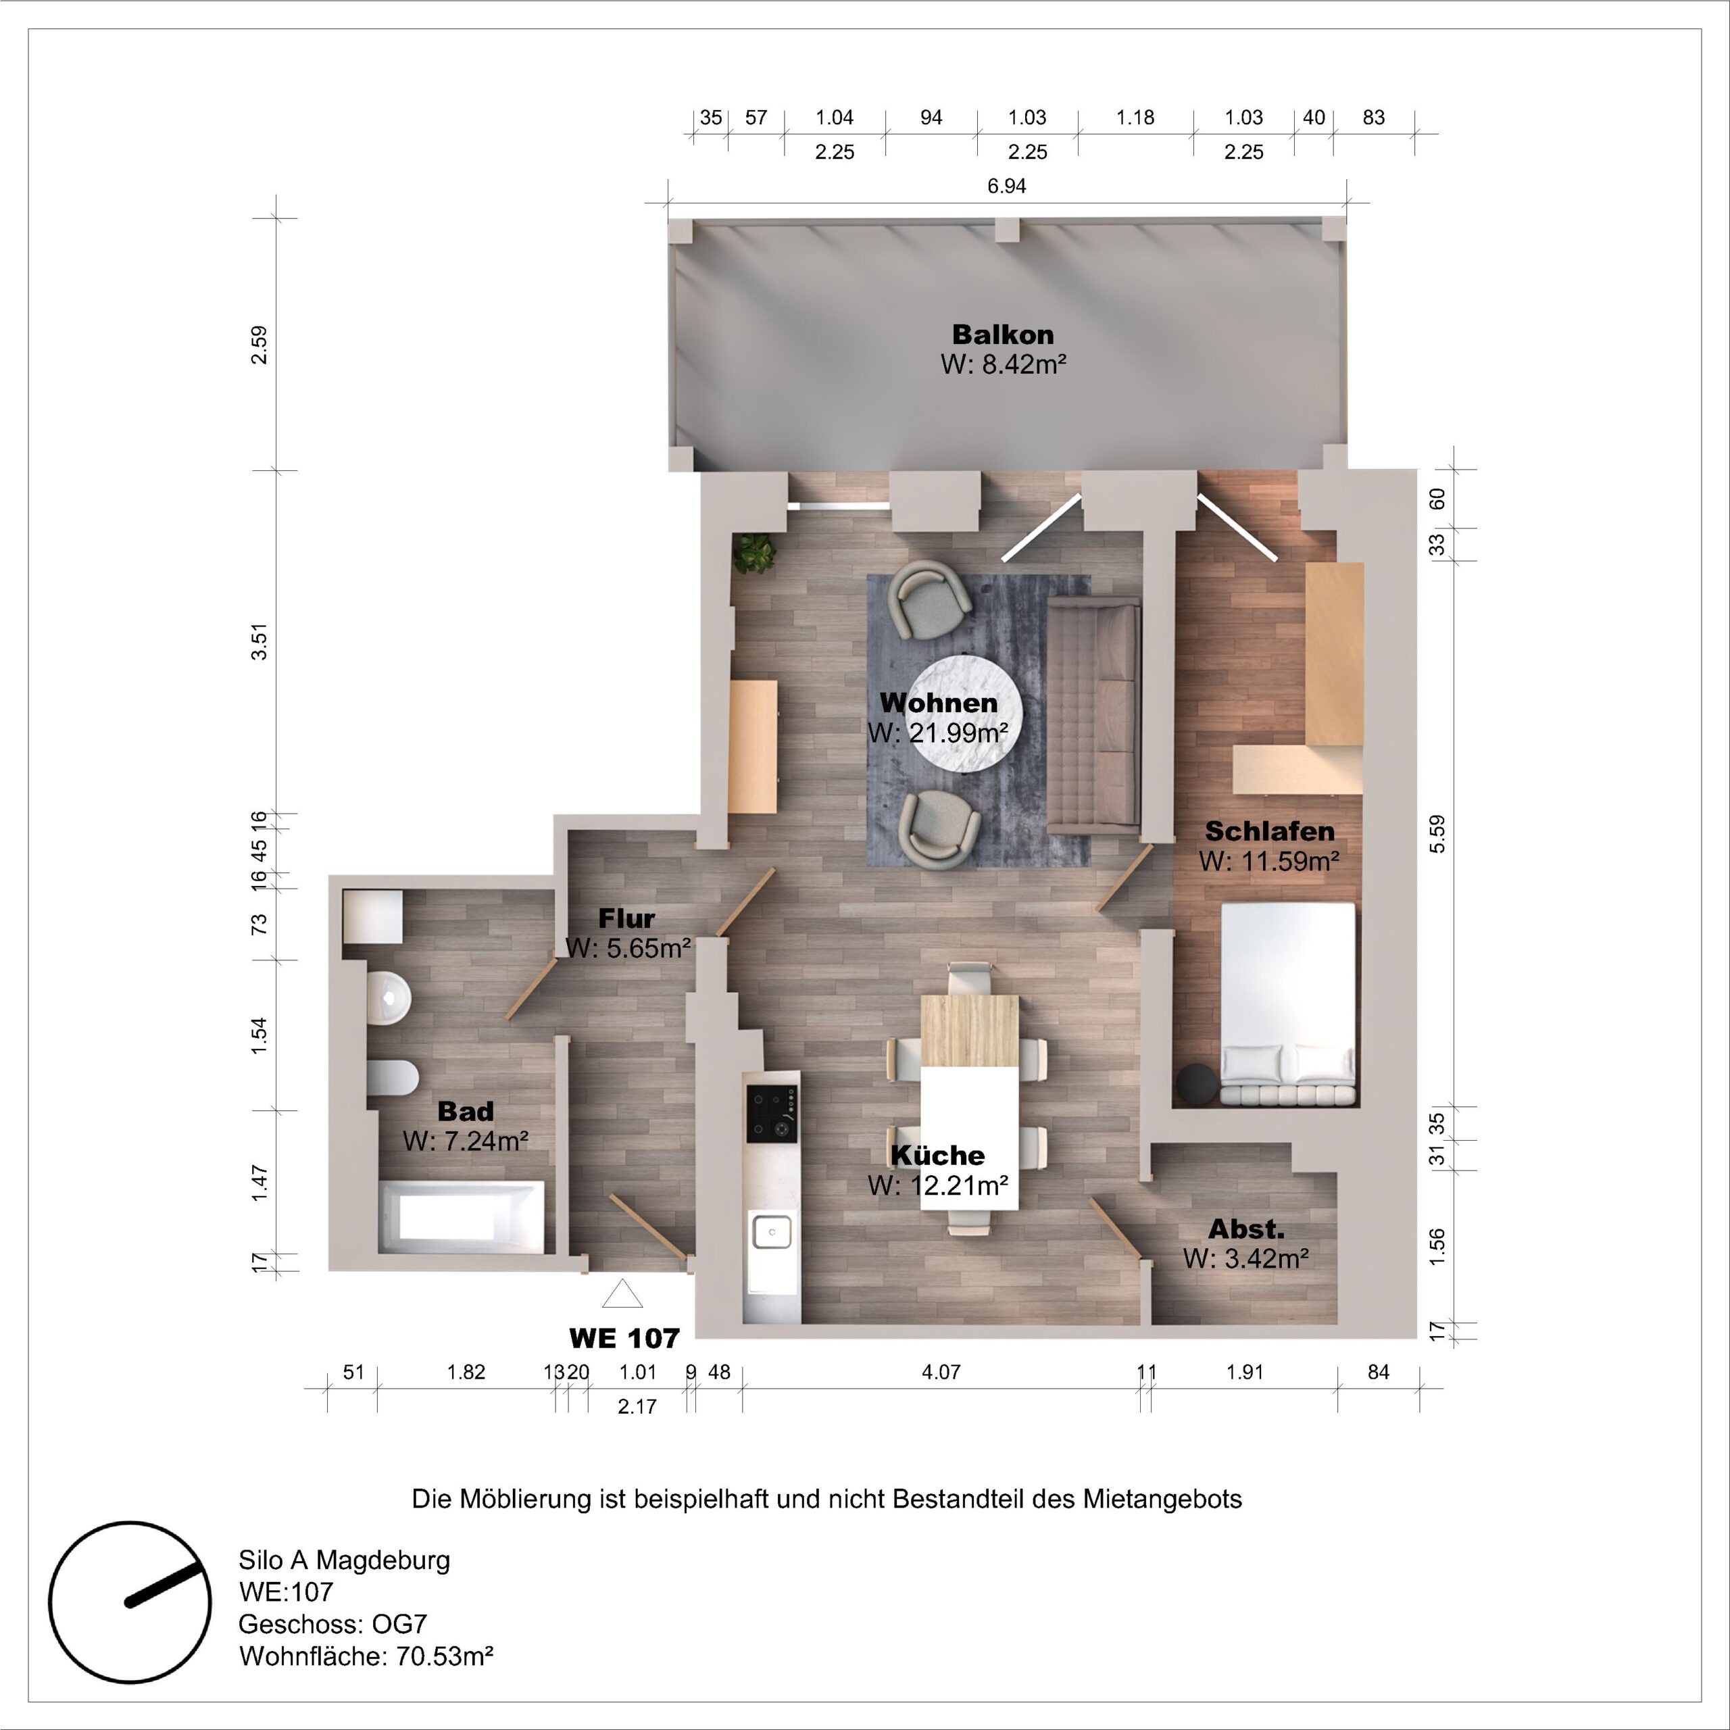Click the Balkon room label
(1002, 335)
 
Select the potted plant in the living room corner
(753, 553)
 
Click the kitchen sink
(771, 1231)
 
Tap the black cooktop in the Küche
(772, 1113)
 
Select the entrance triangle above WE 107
(622, 1294)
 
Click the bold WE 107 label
(624, 1339)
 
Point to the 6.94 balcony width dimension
(1006, 187)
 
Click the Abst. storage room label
(1245, 1229)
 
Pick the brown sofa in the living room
(1094, 716)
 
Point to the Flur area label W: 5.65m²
(628, 947)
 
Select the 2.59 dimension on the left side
(259, 344)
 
